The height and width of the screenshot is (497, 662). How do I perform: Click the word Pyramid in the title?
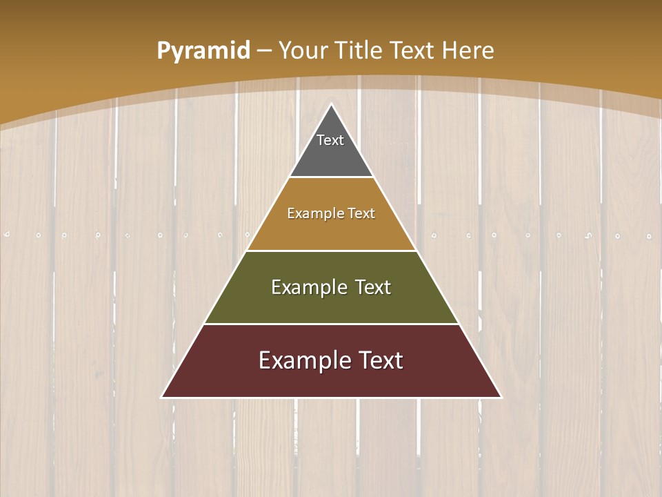click(x=203, y=51)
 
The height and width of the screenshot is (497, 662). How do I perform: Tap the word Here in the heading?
click(x=468, y=50)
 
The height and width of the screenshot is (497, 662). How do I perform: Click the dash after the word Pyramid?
click(x=264, y=51)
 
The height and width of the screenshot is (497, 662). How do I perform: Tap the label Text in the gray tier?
click(x=330, y=140)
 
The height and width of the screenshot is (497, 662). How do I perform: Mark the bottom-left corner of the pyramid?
click(x=163, y=397)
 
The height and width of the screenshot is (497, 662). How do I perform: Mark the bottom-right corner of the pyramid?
click(x=501, y=397)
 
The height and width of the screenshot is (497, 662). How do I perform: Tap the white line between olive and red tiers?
click(x=331, y=324)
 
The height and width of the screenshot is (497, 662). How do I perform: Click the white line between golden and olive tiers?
click(x=331, y=251)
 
